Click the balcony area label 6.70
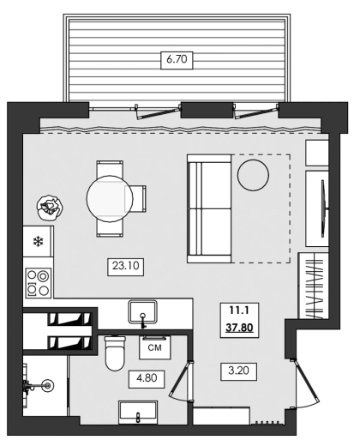[x=177, y=60]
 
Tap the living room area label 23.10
[x=125, y=267]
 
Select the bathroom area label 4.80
[x=147, y=379]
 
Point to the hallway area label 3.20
[x=239, y=371]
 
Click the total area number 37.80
[x=239, y=328]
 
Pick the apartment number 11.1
[x=239, y=310]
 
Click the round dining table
[x=110, y=199]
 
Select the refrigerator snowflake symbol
[x=38, y=242]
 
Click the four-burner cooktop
[x=39, y=283]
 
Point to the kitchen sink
[x=142, y=311]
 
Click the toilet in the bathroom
[x=115, y=353]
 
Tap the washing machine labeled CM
[x=155, y=347]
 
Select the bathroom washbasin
[x=138, y=413]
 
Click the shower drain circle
[x=47, y=385]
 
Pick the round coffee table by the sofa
[x=253, y=175]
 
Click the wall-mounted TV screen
[x=323, y=208]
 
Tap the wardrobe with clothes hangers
[x=313, y=286]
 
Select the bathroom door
[x=181, y=381]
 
